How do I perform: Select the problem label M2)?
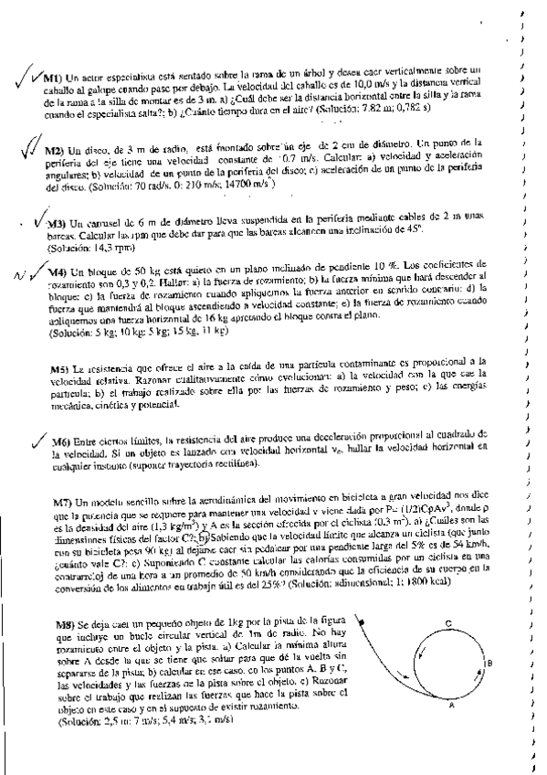[53, 150]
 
